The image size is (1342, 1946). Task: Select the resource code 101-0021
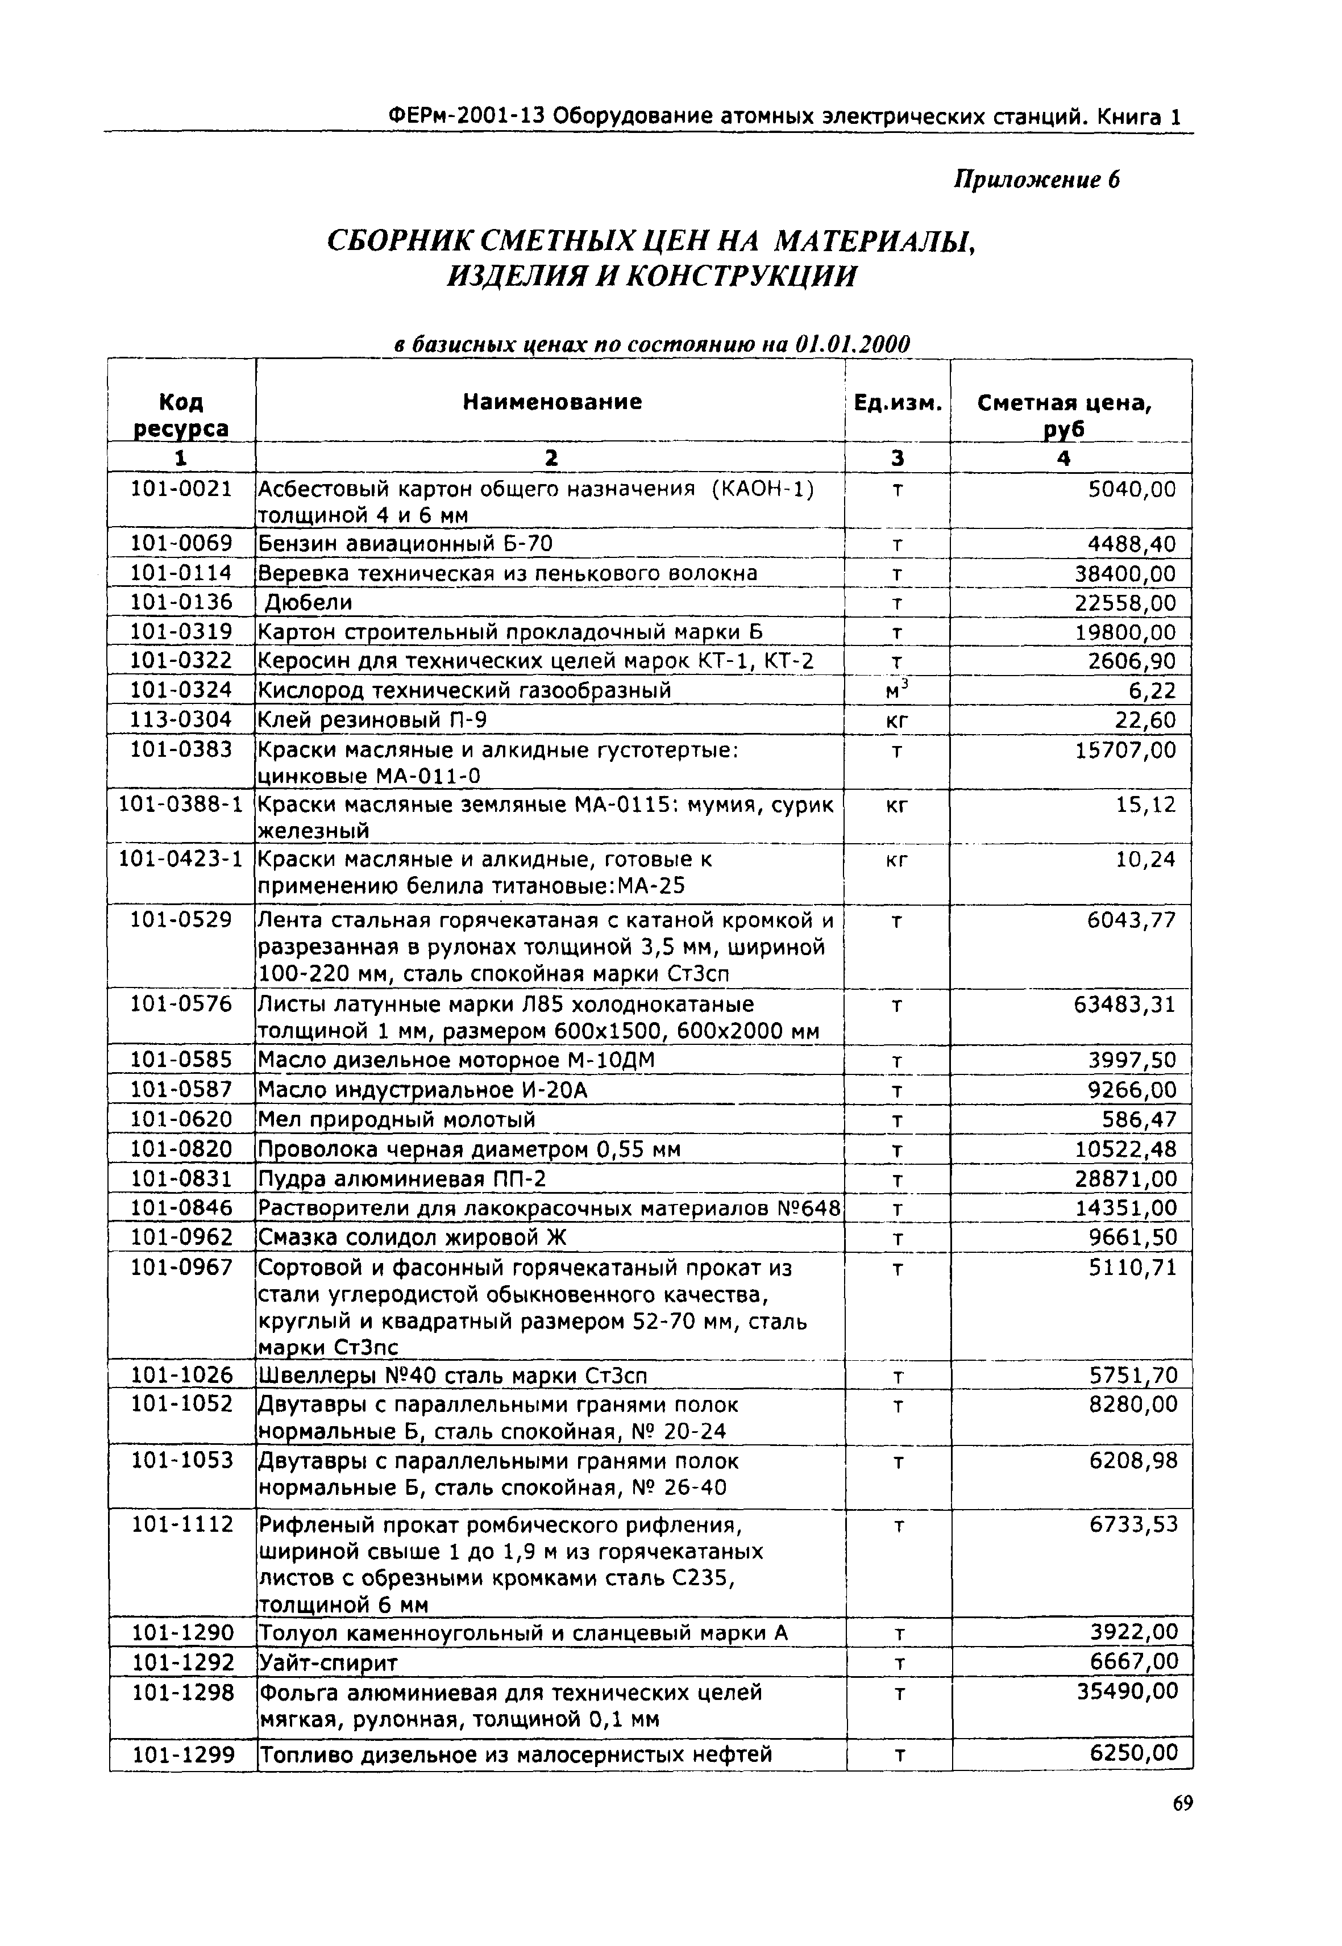[181, 489]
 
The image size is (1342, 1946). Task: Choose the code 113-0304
[181, 719]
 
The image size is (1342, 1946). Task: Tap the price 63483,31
[1124, 1005]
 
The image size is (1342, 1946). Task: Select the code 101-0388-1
[181, 805]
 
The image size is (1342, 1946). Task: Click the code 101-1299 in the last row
[182, 1755]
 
